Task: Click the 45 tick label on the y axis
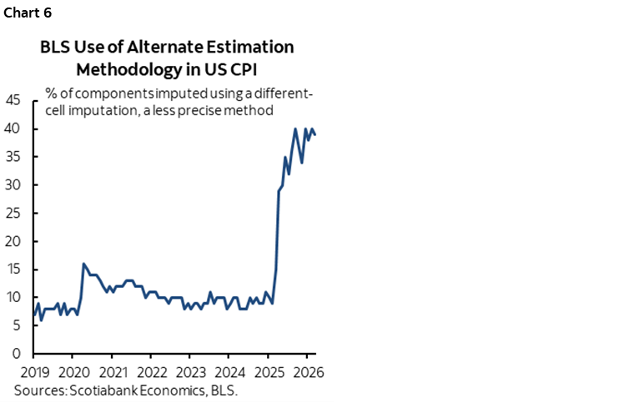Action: click(14, 100)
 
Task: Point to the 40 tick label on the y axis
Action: click(14, 128)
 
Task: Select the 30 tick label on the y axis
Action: click(14, 185)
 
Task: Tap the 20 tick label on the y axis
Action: click(14, 241)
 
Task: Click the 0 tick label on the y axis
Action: click(18, 354)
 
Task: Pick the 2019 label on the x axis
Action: click(33, 371)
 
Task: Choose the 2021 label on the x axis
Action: click(113, 371)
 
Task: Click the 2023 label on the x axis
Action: click(192, 371)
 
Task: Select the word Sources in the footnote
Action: click(38, 390)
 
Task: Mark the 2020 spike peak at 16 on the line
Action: click(83, 264)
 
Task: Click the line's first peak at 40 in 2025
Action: click(295, 128)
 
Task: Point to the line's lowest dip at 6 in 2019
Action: click(41, 320)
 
